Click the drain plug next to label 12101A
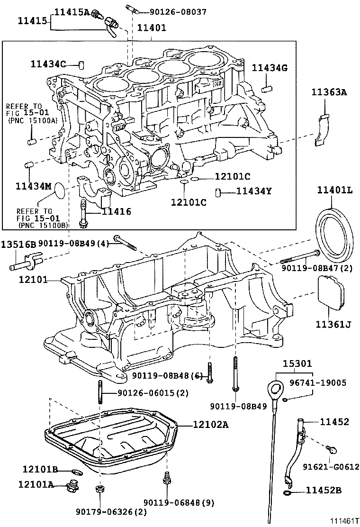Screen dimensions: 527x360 coord(73,485)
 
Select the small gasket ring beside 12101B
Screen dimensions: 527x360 coord(75,471)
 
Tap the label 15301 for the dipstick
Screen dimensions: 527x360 coord(297,364)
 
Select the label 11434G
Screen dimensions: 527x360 coord(270,68)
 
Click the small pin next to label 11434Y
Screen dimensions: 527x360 coord(218,192)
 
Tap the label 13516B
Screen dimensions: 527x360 coord(18,245)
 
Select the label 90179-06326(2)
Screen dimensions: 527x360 coord(111,511)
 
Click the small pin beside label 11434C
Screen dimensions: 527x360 coord(81,64)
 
